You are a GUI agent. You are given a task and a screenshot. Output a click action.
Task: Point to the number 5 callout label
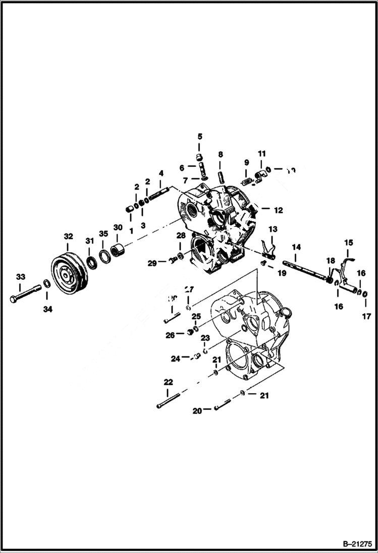coord(199,137)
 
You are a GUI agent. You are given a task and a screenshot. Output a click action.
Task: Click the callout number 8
coord(221,154)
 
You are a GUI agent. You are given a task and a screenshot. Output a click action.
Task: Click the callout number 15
coord(349,242)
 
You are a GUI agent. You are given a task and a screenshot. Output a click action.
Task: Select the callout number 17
coord(366,317)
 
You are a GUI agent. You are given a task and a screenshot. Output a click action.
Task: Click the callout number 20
coord(197,411)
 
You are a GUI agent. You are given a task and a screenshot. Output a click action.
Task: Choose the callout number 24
coord(175,359)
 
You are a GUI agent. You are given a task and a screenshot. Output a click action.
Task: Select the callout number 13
coord(273,229)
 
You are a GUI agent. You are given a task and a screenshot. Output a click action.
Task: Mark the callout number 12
coord(279,210)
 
